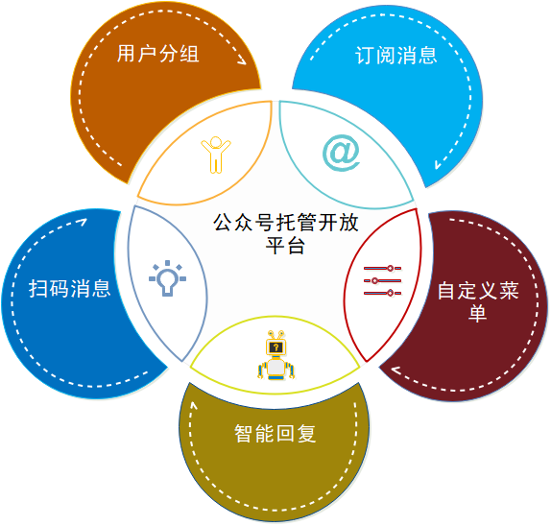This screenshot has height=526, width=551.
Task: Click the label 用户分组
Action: [x=157, y=54]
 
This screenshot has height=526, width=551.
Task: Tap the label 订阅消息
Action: [x=396, y=56]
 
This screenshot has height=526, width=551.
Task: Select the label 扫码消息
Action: [x=69, y=289]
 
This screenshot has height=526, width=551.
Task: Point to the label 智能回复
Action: [x=275, y=433]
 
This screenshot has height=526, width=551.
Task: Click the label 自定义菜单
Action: [x=478, y=301]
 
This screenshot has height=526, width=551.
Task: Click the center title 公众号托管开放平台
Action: [x=285, y=233]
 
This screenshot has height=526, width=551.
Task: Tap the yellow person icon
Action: [x=216, y=155]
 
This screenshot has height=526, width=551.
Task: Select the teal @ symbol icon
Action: [x=341, y=153]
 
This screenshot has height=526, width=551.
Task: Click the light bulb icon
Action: [x=167, y=278]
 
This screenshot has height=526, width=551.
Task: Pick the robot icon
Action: [x=275, y=355]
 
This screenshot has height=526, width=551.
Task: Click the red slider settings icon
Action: [x=382, y=280]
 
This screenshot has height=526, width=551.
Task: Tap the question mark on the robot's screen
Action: [x=276, y=347]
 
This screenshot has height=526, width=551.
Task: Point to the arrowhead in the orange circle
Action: [x=242, y=60]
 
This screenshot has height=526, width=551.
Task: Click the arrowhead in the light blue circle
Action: [x=438, y=164]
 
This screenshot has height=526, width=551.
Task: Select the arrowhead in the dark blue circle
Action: [x=83, y=222]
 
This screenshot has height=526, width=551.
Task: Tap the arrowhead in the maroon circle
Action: [x=396, y=371]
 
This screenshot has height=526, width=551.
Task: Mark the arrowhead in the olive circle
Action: [x=194, y=406]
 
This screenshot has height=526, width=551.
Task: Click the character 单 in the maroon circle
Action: [x=478, y=313]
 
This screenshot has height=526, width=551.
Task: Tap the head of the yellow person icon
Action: [x=216, y=142]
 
